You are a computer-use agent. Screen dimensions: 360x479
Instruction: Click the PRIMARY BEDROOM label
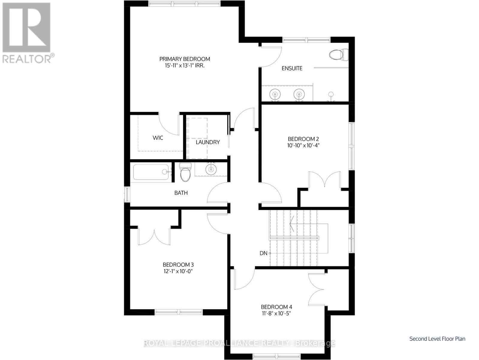[184, 59]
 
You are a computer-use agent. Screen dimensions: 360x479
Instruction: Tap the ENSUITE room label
[292, 68]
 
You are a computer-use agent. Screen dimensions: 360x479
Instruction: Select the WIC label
[158, 138]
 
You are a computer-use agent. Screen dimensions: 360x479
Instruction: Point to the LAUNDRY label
[208, 142]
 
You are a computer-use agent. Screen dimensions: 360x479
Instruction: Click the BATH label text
[181, 193]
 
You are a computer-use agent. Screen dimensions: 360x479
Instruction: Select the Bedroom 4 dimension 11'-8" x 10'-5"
[276, 313]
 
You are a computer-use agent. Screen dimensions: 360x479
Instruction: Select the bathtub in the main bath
[151, 172]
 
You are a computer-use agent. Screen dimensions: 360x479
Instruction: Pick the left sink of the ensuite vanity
[275, 94]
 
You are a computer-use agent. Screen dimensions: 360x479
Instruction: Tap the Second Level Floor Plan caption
[437, 339]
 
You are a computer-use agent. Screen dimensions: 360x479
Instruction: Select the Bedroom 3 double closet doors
[154, 235]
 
